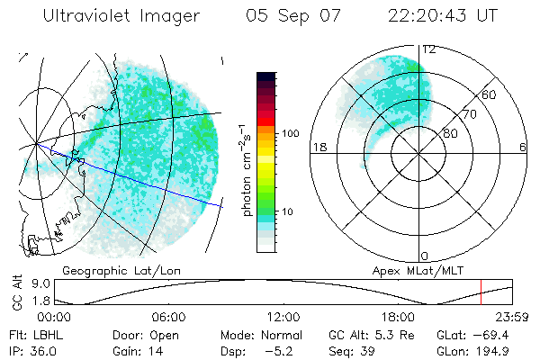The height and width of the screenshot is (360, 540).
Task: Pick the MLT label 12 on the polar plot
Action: [429, 49]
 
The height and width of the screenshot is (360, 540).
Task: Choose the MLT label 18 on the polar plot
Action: [317, 148]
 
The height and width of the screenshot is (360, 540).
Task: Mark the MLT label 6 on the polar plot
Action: [523, 148]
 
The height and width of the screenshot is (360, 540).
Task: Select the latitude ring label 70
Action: [467, 114]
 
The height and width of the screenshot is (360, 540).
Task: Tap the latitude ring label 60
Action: [489, 94]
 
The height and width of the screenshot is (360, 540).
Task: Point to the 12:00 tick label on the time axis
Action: [283, 317]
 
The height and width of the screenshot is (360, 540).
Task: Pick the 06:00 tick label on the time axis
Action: [169, 317]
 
